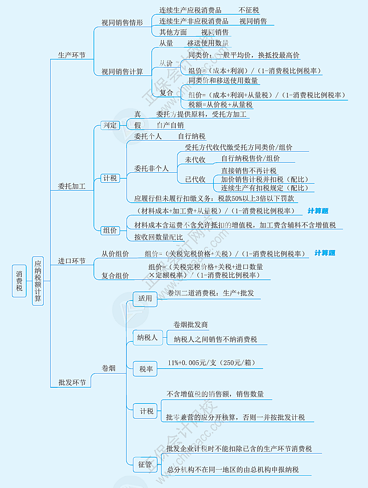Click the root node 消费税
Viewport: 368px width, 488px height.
pyautogui.click(x=19, y=281)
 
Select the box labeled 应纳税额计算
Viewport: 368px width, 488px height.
pyautogui.click(x=38, y=281)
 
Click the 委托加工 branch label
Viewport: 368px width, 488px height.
pyautogui.click(x=71, y=186)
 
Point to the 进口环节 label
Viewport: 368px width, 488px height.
pyautogui.click(x=71, y=261)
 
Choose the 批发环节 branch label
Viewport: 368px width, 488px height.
pyautogui.click(x=71, y=382)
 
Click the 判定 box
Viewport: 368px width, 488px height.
pyautogui.click(x=110, y=125)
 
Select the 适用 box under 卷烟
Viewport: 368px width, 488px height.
pyautogui.click(x=145, y=298)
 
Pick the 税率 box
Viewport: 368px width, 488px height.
pyautogui.click(x=146, y=369)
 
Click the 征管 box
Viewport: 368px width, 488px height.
pyautogui.click(x=145, y=464)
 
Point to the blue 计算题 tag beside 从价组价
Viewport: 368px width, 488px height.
pyautogui.click(x=324, y=253)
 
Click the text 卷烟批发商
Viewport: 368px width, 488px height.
pyautogui.click(x=190, y=324)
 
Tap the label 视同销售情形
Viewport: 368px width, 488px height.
pyautogui.click(x=122, y=22)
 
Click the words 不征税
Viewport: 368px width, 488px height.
pyautogui.click(x=249, y=10)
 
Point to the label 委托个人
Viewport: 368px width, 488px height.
pyautogui.click(x=148, y=136)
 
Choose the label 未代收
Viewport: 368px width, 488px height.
pyautogui.click(x=195, y=159)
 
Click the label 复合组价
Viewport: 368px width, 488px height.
pyautogui.click(x=115, y=275)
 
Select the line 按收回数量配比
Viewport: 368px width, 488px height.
pyautogui.click(x=158, y=237)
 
